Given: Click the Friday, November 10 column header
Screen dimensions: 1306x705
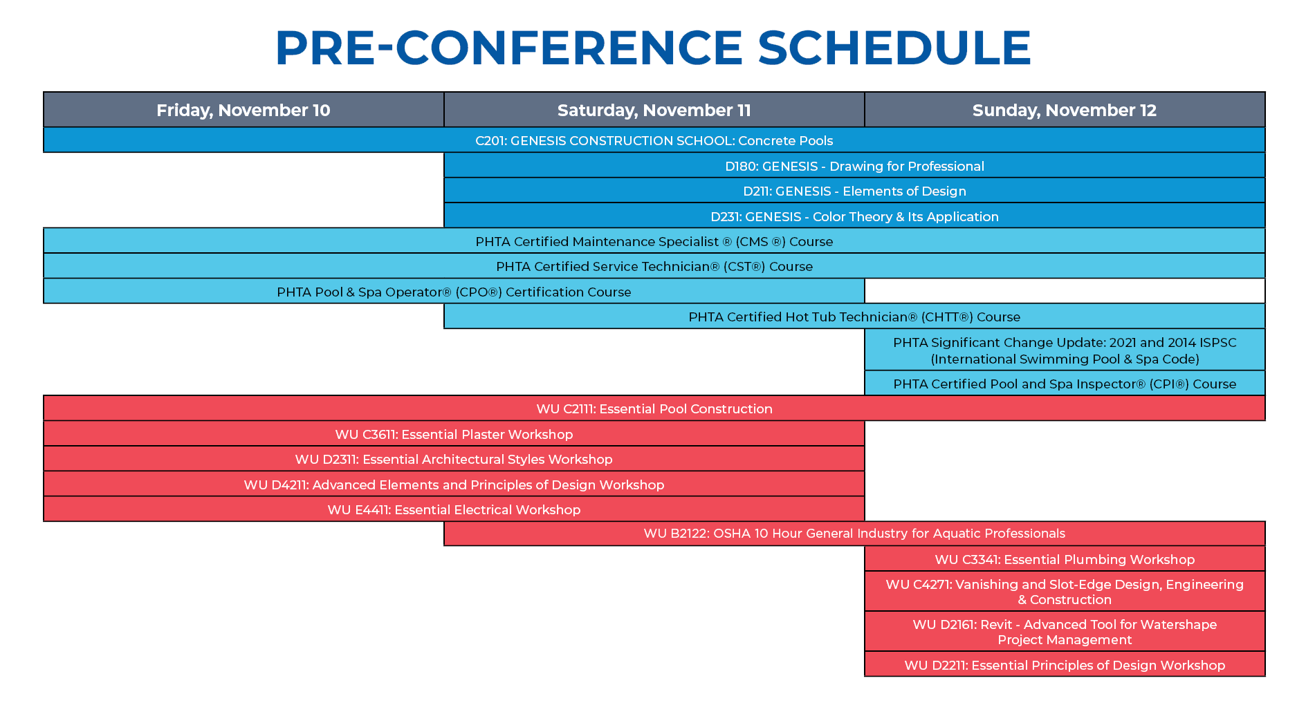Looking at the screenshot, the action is click(x=243, y=110).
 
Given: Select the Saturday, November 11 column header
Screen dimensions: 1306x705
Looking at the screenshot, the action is click(x=654, y=110).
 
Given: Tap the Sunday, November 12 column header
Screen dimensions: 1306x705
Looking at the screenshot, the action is click(x=1065, y=110).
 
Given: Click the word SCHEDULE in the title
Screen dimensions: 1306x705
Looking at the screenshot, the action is click(x=894, y=48).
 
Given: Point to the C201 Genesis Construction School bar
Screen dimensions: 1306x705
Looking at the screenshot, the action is click(x=654, y=140).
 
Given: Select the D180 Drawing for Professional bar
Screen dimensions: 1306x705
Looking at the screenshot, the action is click(x=854, y=166).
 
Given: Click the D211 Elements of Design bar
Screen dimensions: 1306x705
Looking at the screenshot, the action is click(x=854, y=191).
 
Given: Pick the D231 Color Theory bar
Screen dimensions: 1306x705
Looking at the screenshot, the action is click(x=854, y=216).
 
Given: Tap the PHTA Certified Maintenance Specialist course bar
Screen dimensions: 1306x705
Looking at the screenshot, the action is click(x=654, y=241).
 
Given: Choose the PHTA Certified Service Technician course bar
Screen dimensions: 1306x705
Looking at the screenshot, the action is click(x=654, y=266).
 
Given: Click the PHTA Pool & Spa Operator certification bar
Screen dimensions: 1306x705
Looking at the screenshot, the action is click(x=454, y=292).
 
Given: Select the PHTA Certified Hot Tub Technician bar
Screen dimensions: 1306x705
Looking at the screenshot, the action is click(x=854, y=317).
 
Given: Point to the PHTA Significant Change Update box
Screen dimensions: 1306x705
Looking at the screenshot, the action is click(x=1065, y=350).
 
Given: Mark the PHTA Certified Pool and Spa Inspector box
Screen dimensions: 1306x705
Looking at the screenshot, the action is click(x=1065, y=384).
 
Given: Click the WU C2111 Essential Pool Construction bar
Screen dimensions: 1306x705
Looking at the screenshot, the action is click(x=654, y=408).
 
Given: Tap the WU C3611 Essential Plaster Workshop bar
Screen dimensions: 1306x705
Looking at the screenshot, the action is click(x=454, y=434).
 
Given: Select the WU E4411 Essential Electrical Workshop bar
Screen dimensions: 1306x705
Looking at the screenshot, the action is click(x=454, y=509).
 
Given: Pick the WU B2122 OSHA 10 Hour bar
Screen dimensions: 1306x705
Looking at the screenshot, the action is click(x=854, y=534).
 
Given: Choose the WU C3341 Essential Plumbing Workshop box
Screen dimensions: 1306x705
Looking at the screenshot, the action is click(x=1065, y=559).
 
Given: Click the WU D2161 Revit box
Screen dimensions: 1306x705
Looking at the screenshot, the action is click(x=1065, y=632).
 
